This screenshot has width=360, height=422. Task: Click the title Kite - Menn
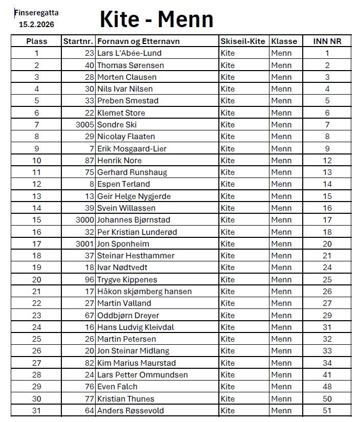click(x=156, y=19)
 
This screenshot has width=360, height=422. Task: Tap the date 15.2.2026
click(x=36, y=24)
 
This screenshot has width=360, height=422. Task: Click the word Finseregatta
click(x=36, y=13)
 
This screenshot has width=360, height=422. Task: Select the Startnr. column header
click(x=78, y=41)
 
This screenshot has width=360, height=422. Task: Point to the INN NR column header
click(x=327, y=41)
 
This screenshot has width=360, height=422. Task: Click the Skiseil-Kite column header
click(x=243, y=41)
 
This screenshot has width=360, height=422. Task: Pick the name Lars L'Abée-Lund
click(x=129, y=53)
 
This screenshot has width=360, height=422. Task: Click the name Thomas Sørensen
click(x=130, y=65)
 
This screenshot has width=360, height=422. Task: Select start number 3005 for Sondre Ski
click(x=84, y=125)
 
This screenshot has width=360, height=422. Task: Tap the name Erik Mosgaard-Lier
click(x=131, y=149)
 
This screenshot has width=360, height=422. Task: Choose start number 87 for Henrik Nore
click(x=89, y=161)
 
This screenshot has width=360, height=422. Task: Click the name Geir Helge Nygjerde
click(x=134, y=196)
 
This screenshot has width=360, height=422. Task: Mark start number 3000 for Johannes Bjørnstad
click(x=84, y=220)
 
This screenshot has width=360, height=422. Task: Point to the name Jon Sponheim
click(x=123, y=244)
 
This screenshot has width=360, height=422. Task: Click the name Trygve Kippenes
click(x=127, y=280)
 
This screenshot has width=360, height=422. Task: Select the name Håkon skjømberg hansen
click(x=144, y=292)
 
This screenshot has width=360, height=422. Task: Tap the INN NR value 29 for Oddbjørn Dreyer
click(x=327, y=316)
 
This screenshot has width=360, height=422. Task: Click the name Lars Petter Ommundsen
click(x=142, y=375)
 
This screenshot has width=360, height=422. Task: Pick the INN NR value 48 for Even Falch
click(x=327, y=387)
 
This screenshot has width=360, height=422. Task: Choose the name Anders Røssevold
click(x=130, y=411)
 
